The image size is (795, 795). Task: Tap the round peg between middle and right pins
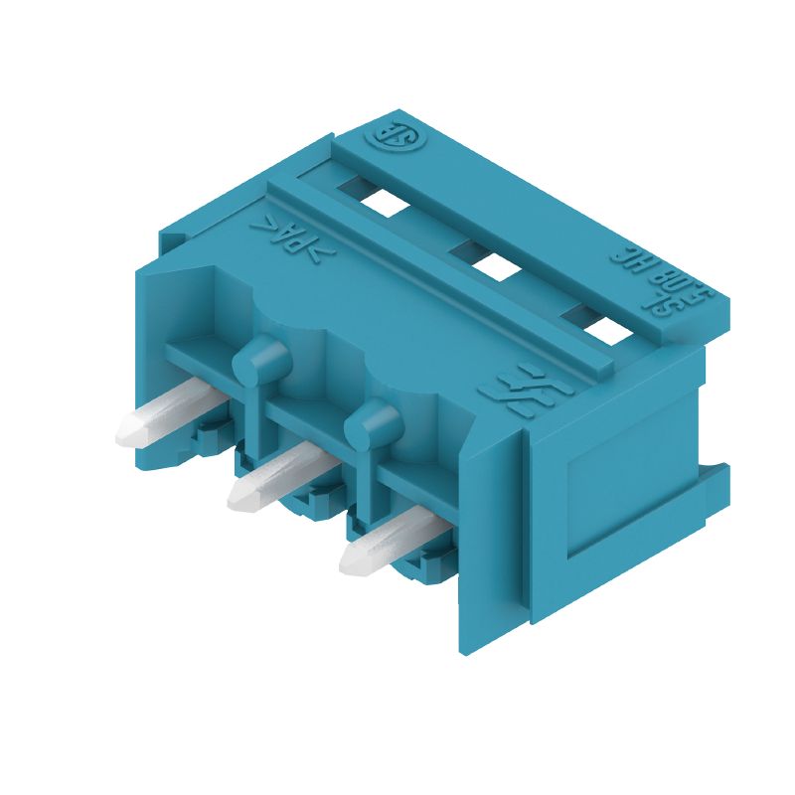tap(372, 422)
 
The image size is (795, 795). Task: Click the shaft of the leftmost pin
tap(179, 406)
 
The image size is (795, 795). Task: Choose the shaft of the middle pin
tap(288, 469)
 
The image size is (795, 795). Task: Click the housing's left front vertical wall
tap(159, 368)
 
